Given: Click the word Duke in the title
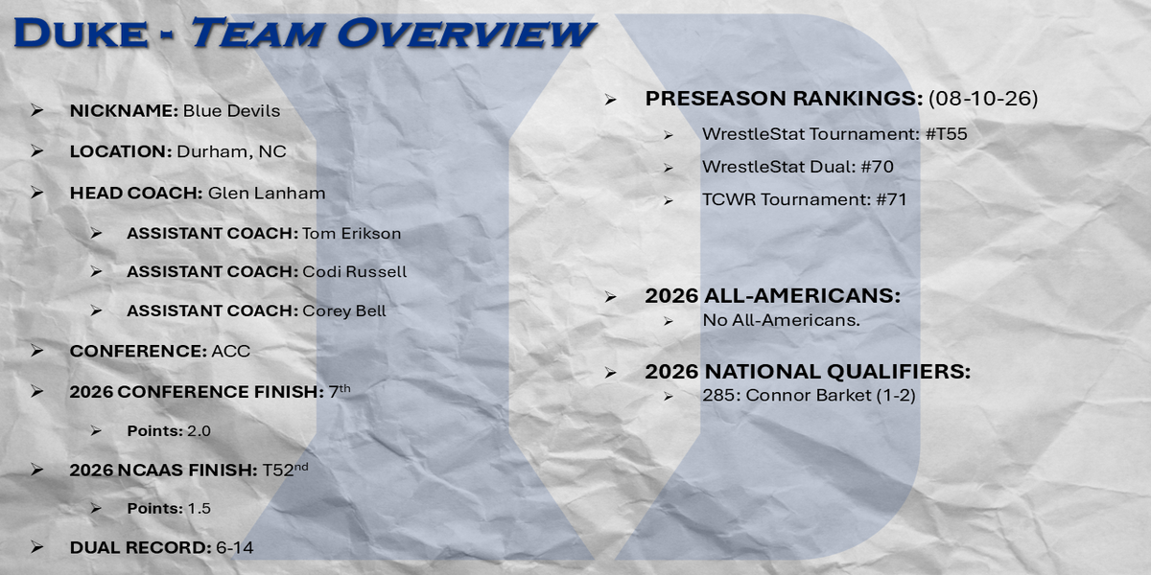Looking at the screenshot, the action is pos(82,34).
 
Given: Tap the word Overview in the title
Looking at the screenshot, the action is pos(465,34).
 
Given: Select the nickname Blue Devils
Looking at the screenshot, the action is pos(231,111).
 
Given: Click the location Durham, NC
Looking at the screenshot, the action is pos(231,152).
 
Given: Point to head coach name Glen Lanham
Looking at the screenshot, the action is pos(267,193).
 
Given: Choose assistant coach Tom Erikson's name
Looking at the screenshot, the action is pos(351,234).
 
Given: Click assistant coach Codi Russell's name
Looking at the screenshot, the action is pos(355,271).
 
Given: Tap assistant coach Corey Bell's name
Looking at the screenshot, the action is pos(343,311).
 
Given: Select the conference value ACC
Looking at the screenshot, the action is pos(231,351).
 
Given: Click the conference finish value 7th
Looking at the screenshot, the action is pos(340,391).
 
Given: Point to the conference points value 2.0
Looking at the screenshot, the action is pos(199,430).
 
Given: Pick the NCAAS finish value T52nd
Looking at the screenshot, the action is pos(285,470).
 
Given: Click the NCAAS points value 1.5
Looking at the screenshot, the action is pos(199,508).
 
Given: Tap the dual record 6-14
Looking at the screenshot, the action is pos(234,548).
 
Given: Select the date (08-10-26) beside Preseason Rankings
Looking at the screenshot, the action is pos(983,98).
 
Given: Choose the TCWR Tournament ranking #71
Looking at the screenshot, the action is pos(891,199).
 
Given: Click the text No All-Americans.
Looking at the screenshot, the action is pos(781,320).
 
